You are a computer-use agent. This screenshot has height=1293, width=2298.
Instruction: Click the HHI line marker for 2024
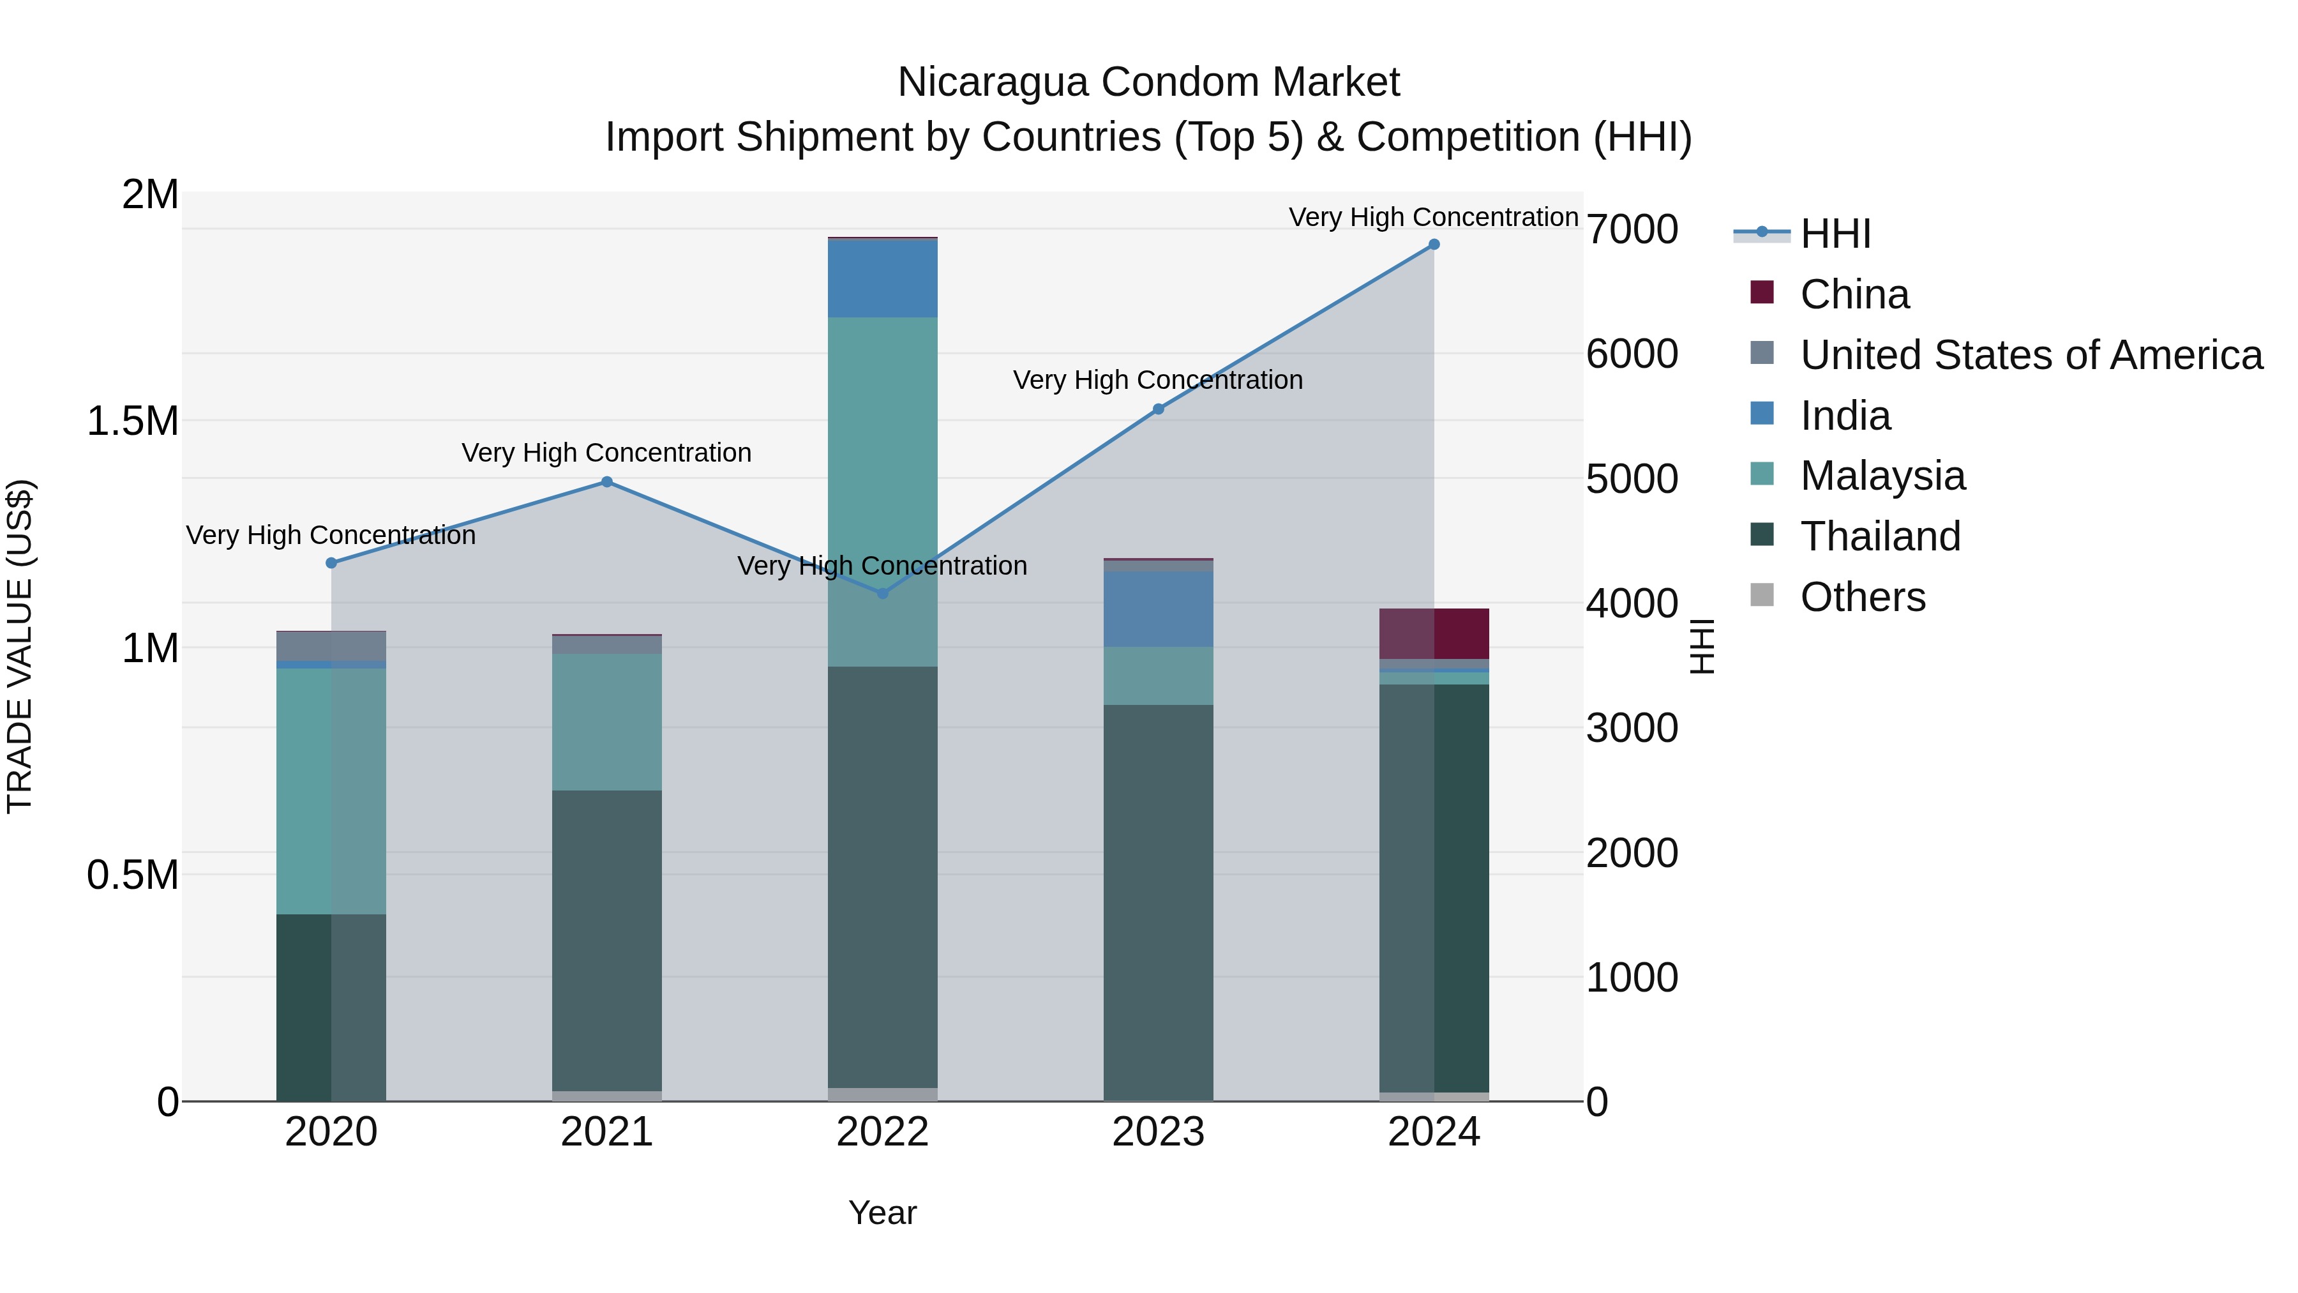(1434, 245)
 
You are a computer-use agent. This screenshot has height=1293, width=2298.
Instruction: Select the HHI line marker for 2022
(882, 593)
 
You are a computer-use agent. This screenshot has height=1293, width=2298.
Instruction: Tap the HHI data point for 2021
(606, 482)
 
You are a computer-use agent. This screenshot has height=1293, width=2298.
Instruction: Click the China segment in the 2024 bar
(1434, 633)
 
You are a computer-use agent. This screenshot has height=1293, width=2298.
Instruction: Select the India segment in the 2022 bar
(882, 278)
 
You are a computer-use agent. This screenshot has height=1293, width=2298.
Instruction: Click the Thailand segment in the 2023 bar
(1158, 901)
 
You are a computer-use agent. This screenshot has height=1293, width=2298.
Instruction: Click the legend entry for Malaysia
(1882, 476)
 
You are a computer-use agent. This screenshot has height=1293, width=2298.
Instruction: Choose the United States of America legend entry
(2031, 354)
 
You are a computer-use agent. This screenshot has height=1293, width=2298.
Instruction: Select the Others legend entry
(1862, 597)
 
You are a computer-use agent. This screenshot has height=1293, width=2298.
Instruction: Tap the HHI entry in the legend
(1835, 234)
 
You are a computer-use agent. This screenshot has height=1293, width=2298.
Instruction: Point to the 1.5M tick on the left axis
(133, 420)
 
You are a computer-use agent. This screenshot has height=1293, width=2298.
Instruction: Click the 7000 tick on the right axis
(1632, 229)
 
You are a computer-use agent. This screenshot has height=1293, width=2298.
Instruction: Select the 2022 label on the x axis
(882, 1132)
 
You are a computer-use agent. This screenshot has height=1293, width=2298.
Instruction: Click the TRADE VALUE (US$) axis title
(20, 646)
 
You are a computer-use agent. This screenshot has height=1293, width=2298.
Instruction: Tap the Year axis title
(882, 1213)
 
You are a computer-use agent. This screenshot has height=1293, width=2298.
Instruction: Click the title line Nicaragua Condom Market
(1148, 82)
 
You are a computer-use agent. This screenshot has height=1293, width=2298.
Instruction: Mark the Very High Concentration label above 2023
(1157, 380)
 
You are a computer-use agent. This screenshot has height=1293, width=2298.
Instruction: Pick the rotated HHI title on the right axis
(1702, 646)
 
